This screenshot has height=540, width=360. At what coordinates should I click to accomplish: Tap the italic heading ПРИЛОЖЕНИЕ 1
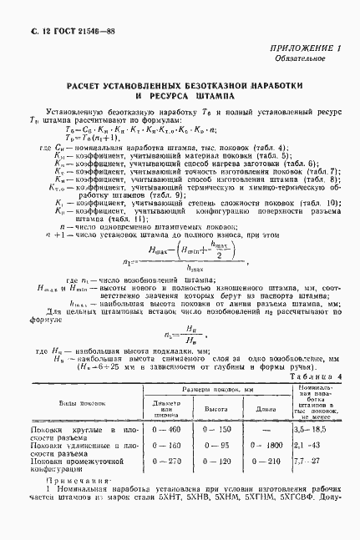tap(305, 49)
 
